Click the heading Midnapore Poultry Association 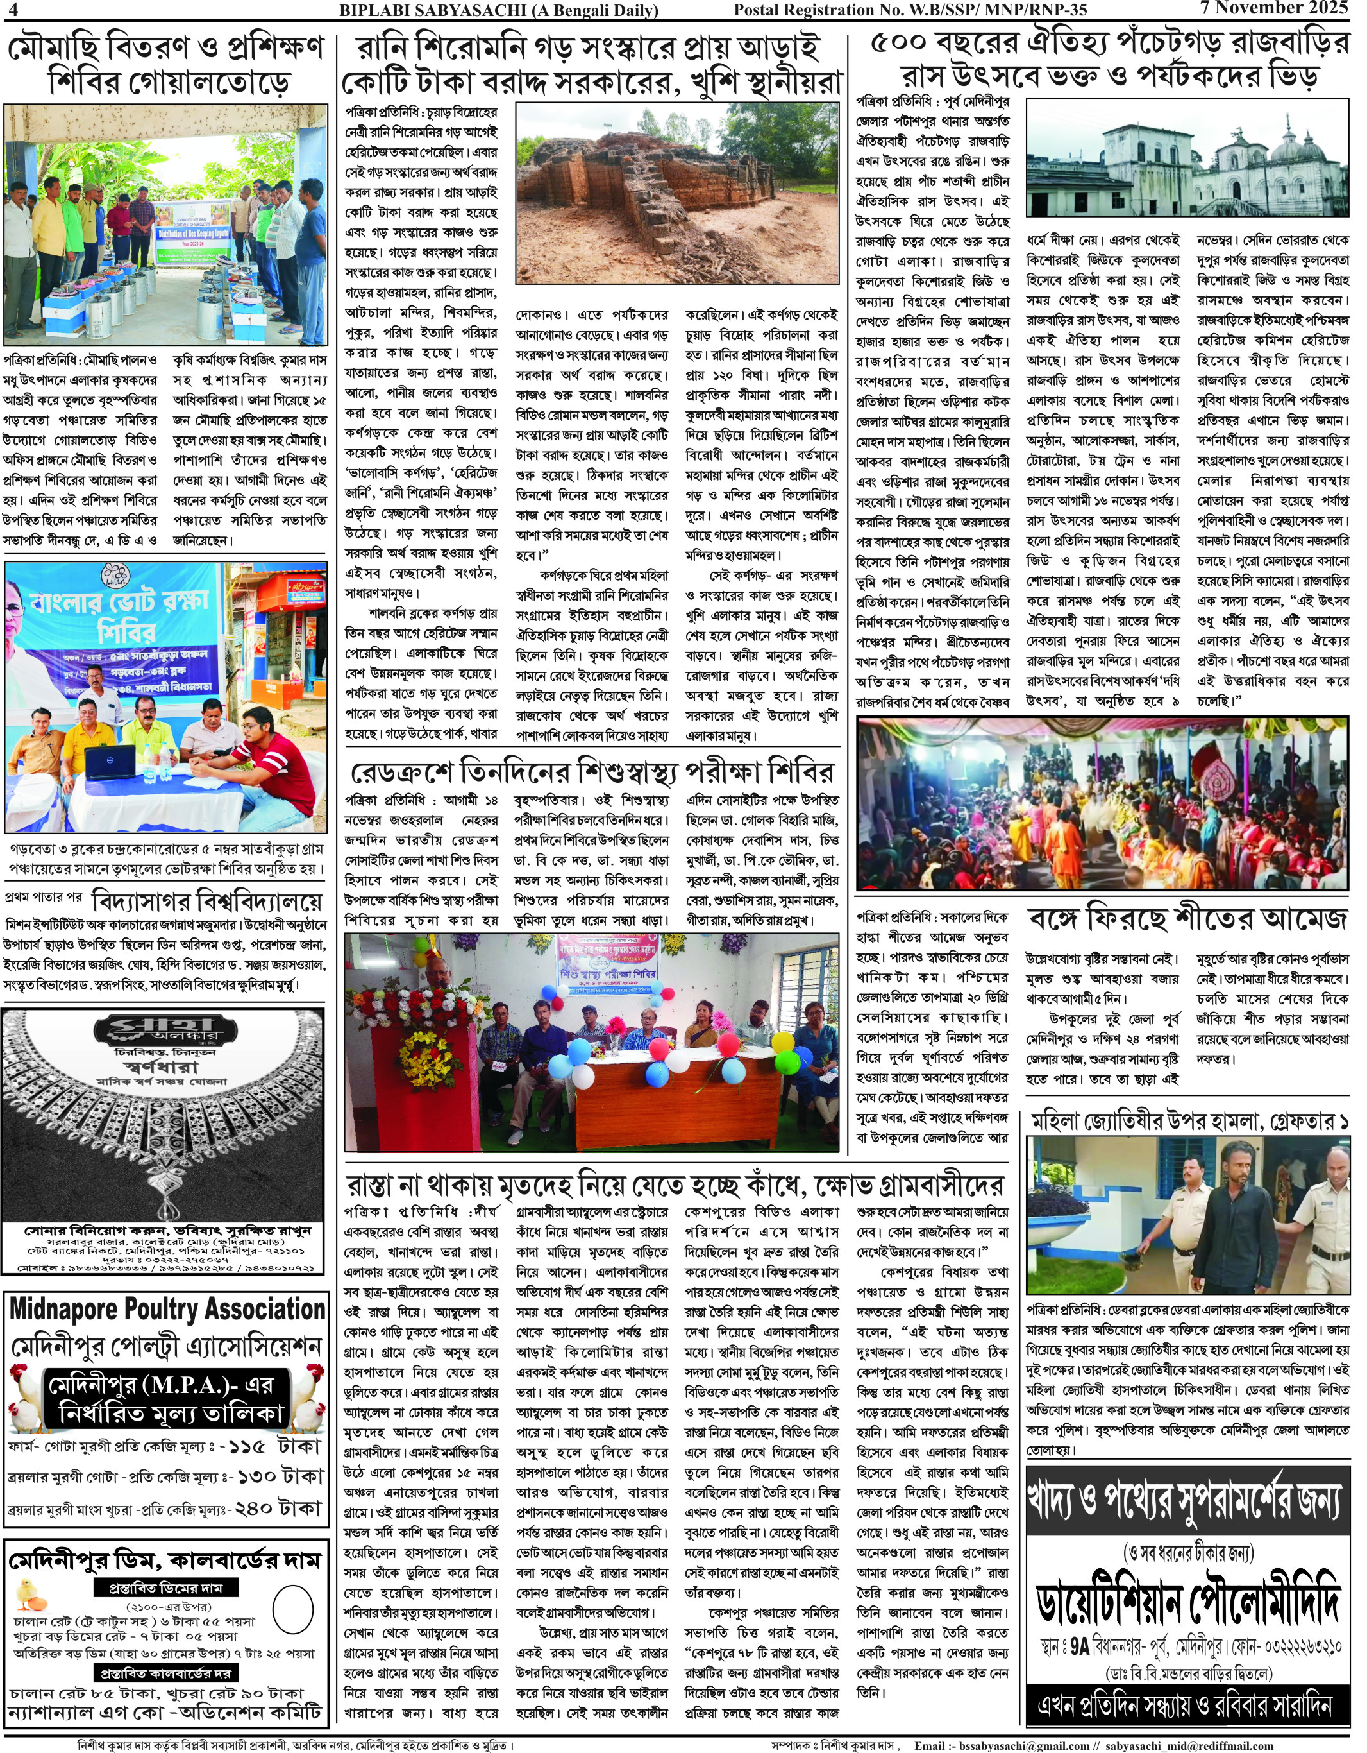(x=167, y=1309)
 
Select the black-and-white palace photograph (x=1187, y=157)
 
